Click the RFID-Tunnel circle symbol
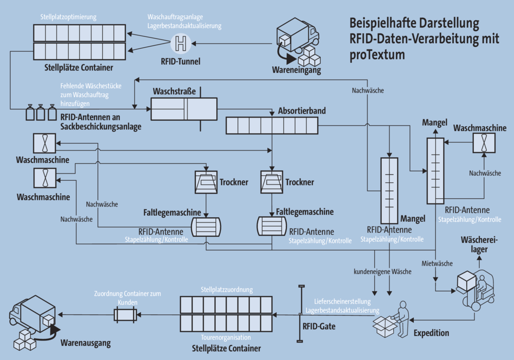click(x=180, y=43)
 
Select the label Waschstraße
click(x=174, y=91)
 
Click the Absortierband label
click(x=302, y=110)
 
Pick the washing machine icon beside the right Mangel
click(x=484, y=143)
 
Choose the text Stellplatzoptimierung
click(x=68, y=16)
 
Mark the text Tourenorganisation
click(x=226, y=337)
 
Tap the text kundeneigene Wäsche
click(x=382, y=270)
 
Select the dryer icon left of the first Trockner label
click(x=206, y=182)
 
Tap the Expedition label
click(x=431, y=333)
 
